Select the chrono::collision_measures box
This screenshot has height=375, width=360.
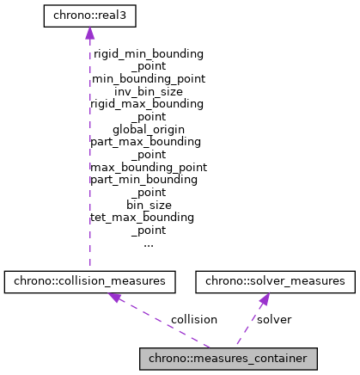[x=90, y=280]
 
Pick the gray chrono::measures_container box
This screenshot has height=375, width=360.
[x=229, y=357]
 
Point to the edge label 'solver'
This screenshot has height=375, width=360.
[x=274, y=319]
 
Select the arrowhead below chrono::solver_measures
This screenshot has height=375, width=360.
[x=265, y=298]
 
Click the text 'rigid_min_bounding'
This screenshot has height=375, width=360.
[x=148, y=53]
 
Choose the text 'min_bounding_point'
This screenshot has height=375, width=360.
[x=148, y=77]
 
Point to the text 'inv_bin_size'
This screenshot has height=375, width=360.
[x=148, y=90]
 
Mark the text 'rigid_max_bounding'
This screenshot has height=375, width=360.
[x=148, y=103]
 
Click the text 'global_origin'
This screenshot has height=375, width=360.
[x=148, y=128]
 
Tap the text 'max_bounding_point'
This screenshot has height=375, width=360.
[x=148, y=166]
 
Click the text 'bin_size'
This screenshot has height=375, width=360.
[x=148, y=205]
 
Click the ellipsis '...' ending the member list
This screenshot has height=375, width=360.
[x=148, y=243]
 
